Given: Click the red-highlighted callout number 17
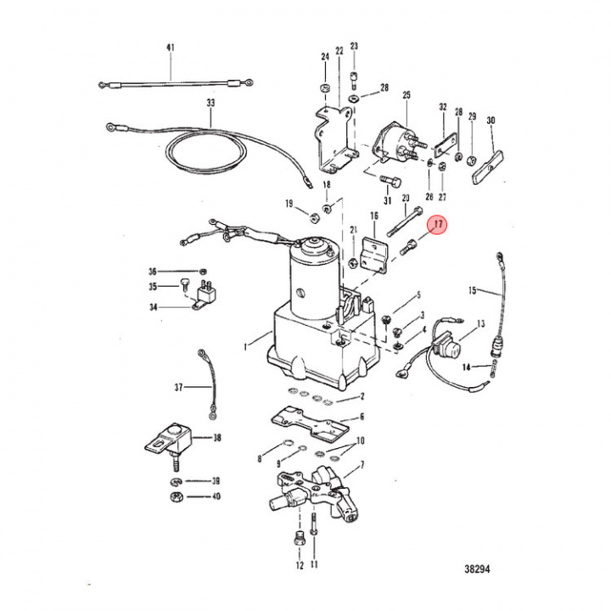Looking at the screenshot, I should point(439,225).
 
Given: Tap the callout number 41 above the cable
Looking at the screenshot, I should point(170,48).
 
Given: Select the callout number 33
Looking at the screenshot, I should point(210,104).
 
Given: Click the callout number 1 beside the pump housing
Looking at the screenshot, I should point(246,345).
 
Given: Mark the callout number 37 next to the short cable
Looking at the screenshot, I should point(179,388).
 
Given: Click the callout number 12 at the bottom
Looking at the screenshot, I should point(299,564).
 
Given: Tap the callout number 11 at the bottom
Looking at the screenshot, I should point(314,564).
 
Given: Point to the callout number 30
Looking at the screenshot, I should point(490,121).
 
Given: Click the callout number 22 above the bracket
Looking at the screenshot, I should point(339,52).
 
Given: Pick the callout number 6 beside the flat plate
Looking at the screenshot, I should point(362,417).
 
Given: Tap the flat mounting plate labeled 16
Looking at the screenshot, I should point(373,255).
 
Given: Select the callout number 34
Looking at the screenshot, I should point(154,307).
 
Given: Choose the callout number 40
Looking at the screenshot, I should point(216,496).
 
